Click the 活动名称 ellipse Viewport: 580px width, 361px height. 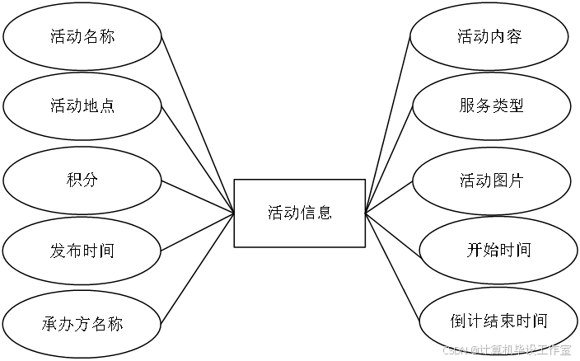(x=82, y=36)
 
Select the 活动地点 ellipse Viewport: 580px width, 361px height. (x=82, y=107)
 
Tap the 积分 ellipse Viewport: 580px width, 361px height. (x=82, y=179)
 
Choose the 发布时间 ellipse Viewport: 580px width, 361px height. (x=82, y=251)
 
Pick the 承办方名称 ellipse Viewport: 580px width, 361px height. (x=82, y=323)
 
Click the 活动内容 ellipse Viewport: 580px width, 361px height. (x=489, y=36)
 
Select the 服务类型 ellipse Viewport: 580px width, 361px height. (x=491, y=107)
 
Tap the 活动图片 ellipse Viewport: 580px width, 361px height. (x=491, y=180)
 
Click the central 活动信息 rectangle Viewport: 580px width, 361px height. (x=300, y=213)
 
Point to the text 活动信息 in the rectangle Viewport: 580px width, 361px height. (x=300, y=213)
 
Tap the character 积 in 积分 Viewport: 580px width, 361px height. (x=73, y=179)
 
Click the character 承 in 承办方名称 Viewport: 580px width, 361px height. (x=49, y=323)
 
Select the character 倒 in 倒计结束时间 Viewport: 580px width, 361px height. (x=459, y=321)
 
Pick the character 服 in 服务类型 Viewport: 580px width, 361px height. (x=467, y=107)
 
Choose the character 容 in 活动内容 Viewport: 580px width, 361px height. (x=514, y=36)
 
